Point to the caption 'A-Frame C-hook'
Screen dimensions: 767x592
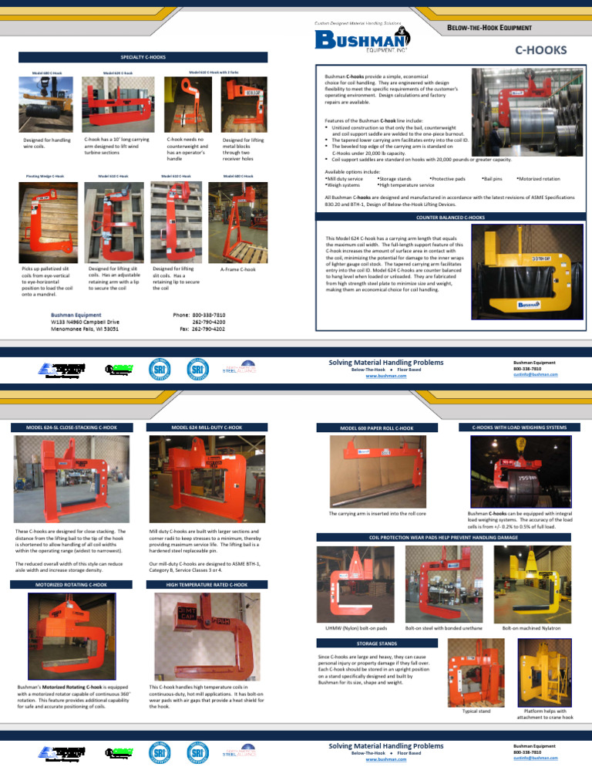237,270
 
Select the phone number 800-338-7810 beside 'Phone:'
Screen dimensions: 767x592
209,315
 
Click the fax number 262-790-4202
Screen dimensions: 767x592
209,328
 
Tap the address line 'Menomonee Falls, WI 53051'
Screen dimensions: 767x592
84,328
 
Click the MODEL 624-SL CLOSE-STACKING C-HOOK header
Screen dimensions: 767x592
71,427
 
